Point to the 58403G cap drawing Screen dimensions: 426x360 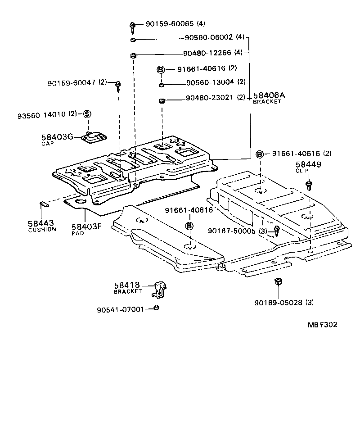tap(95, 136)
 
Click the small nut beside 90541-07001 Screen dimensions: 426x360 tap(156, 308)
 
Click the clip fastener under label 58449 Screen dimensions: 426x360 tap(309, 185)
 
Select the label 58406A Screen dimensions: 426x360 tap(269, 95)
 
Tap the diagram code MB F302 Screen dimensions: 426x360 tap(322, 325)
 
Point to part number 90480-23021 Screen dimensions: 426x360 tap(210, 98)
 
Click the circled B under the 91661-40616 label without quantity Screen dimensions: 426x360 tap(189, 226)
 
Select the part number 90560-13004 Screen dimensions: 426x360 tap(210, 83)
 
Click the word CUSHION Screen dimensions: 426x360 tap(42, 229)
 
